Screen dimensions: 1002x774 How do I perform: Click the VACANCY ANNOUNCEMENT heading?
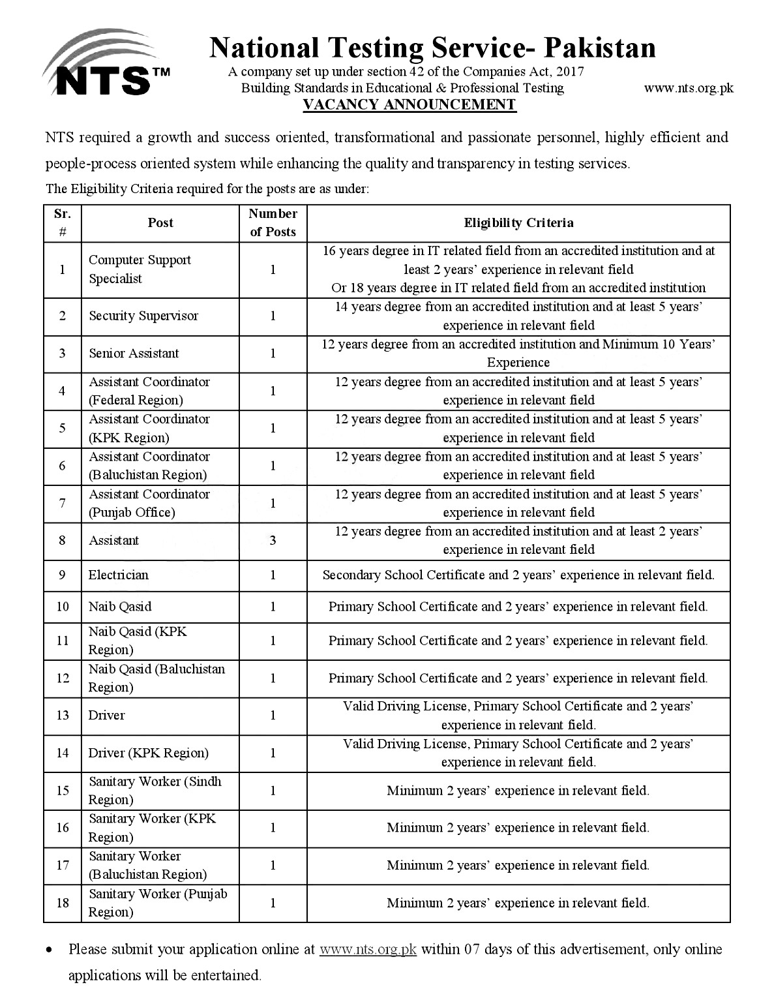coord(409,105)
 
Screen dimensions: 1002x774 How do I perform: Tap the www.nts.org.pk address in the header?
coord(689,88)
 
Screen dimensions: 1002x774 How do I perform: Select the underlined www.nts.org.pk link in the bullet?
coord(368,949)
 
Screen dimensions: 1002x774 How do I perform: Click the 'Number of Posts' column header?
coord(273,222)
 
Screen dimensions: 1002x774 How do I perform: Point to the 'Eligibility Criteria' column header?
coord(518,222)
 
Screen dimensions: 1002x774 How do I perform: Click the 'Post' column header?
coord(160,222)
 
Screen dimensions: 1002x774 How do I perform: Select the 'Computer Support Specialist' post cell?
coord(140,269)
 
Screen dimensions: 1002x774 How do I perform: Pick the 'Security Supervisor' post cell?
coord(143,316)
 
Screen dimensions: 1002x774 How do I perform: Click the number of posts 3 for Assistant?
coord(273,540)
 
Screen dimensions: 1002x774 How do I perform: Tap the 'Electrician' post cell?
coord(119,575)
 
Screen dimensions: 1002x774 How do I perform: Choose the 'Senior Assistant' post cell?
coord(134,354)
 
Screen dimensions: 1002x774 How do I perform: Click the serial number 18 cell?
coord(63,903)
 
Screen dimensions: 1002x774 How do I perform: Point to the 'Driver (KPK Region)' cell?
coord(149,753)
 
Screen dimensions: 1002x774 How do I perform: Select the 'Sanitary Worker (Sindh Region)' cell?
coord(155,791)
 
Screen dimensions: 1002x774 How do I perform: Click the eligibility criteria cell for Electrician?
coord(518,575)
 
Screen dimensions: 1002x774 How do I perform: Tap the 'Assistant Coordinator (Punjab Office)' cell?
coord(149,503)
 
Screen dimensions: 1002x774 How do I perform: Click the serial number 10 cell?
coord(63,607)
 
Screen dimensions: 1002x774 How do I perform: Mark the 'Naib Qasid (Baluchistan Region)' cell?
coord(156,678)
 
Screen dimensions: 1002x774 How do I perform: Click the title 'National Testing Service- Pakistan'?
coord(432,48)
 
